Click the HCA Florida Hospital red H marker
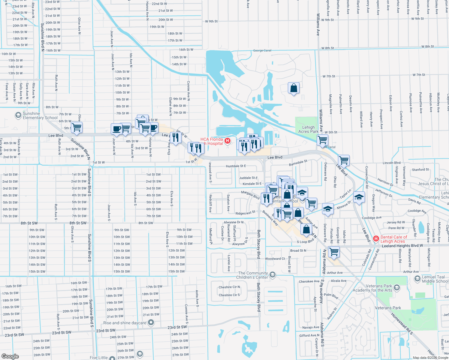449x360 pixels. [228, 141]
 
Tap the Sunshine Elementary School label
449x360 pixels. [40, 115]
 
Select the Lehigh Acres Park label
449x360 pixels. [308, 129]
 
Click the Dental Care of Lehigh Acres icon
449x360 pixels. [376, 239]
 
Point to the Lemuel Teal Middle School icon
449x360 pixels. [417, 279]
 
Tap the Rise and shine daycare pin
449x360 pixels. [151, 323]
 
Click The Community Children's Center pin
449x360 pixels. [273, 275]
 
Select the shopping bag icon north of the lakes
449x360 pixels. [294, 88]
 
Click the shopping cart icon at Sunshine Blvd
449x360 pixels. [77, 127]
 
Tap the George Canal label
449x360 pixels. [262, 51]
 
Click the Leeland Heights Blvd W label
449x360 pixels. [402, 246]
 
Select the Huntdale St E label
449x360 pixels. [236, 166]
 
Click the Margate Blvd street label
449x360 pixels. [250, 195]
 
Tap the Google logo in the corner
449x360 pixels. [10, 356]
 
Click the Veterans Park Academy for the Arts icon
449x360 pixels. [397, 288]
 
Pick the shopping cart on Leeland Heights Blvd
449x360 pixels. [334, 251]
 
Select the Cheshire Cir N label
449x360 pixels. [229, 287]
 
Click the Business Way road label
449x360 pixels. [270, 218]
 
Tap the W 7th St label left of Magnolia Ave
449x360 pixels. [329, 76]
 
